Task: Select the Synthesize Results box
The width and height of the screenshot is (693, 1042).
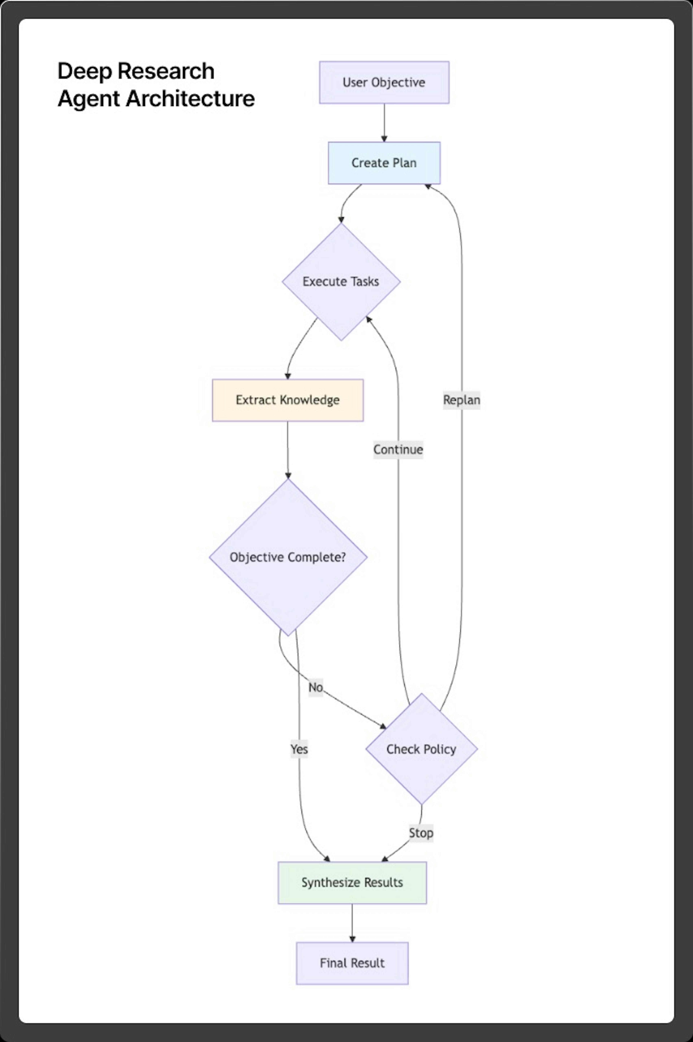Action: pos(352,882)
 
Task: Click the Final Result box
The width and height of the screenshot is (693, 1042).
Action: pos(352,963)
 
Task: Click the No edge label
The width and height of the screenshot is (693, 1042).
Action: pos(316,688)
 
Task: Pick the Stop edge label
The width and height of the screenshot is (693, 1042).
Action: pos(421,833)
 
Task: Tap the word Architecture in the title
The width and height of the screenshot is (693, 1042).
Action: pos(191,99)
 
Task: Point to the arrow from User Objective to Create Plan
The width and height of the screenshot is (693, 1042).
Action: pos(384,123)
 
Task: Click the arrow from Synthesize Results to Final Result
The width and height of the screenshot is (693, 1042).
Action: pos(352,923)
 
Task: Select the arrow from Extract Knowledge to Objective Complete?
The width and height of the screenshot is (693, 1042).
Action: pos(288,450)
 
